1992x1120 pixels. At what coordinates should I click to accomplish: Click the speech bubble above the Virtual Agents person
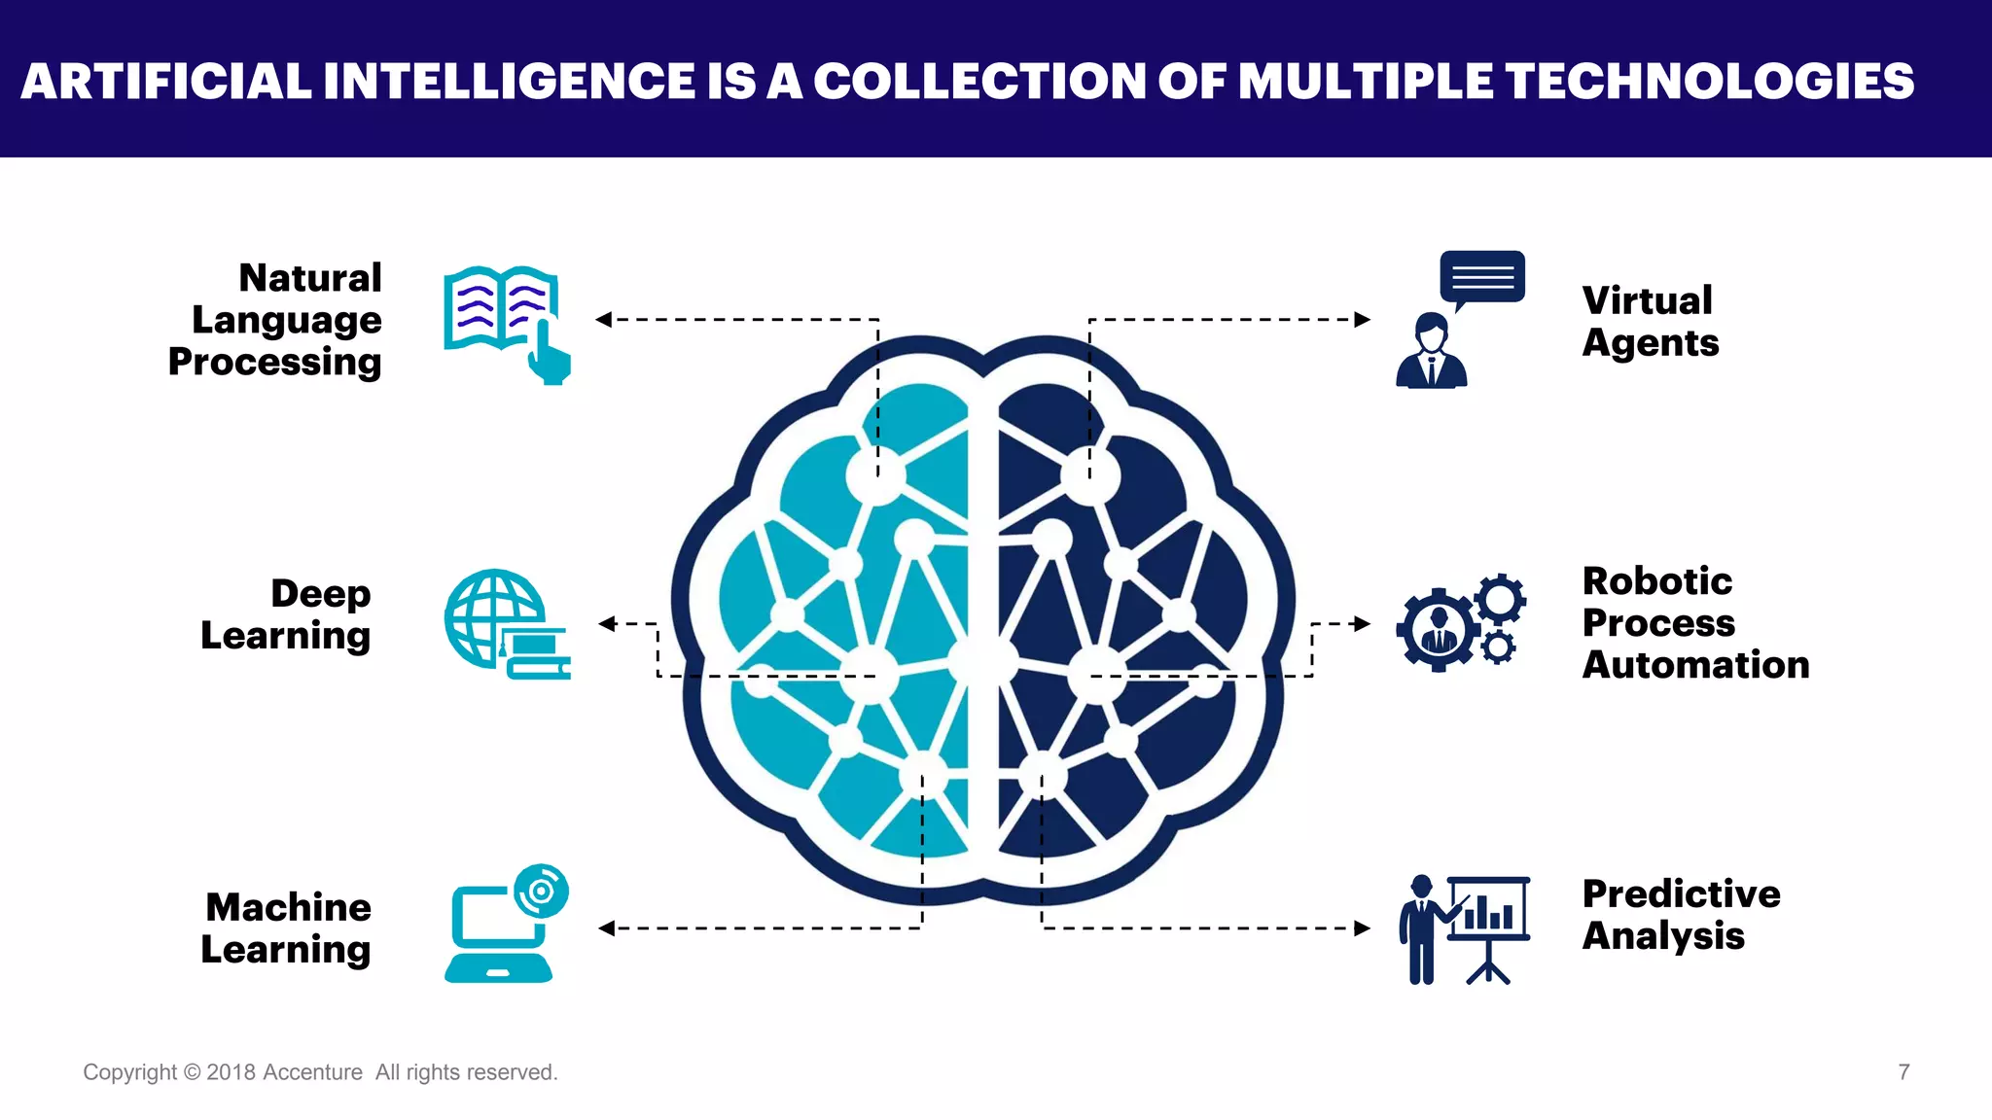pyautogui.click(x=1482, y=277)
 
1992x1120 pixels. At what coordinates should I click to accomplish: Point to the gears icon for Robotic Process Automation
pyautogui.click(x=1459, y=622)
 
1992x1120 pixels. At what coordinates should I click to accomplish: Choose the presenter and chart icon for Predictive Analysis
pyautogui.click(x=1465, y=929)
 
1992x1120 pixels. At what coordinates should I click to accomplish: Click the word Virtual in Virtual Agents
pyautogui.click(x=1647, y=300)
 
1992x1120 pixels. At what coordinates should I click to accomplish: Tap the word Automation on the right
pyautogui.click(x=1695, y=665)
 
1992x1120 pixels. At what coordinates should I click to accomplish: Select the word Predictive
pyautogui.click(x=1681, y=893)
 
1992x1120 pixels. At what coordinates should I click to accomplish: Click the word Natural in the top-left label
pyautogui.click(x=310, y=278)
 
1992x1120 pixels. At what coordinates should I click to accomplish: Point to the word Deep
pyautogui.click(x=320, y=593)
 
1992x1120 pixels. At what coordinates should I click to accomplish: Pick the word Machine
pyautogui.click(x=288, y=907)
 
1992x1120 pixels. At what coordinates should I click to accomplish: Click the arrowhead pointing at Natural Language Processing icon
pyautogui.click(x=604, y=319)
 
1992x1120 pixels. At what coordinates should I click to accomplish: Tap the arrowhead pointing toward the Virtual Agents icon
pyautogui.click(x=1363, y=319)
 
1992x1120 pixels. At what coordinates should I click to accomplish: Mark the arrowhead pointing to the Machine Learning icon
pyautogui.click(x=606, y=928)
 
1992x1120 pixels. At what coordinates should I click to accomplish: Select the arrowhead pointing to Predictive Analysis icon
pyautogui.click(x=1363, y=928)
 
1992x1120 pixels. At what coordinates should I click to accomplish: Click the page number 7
pyautogui.click(x=1903, y=1072)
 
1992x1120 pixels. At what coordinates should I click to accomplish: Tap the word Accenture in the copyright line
pyautogui.click(x=312, y=1072)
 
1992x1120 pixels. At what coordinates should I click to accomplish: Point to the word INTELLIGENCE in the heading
pyautogui.click(x=509, y=82)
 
